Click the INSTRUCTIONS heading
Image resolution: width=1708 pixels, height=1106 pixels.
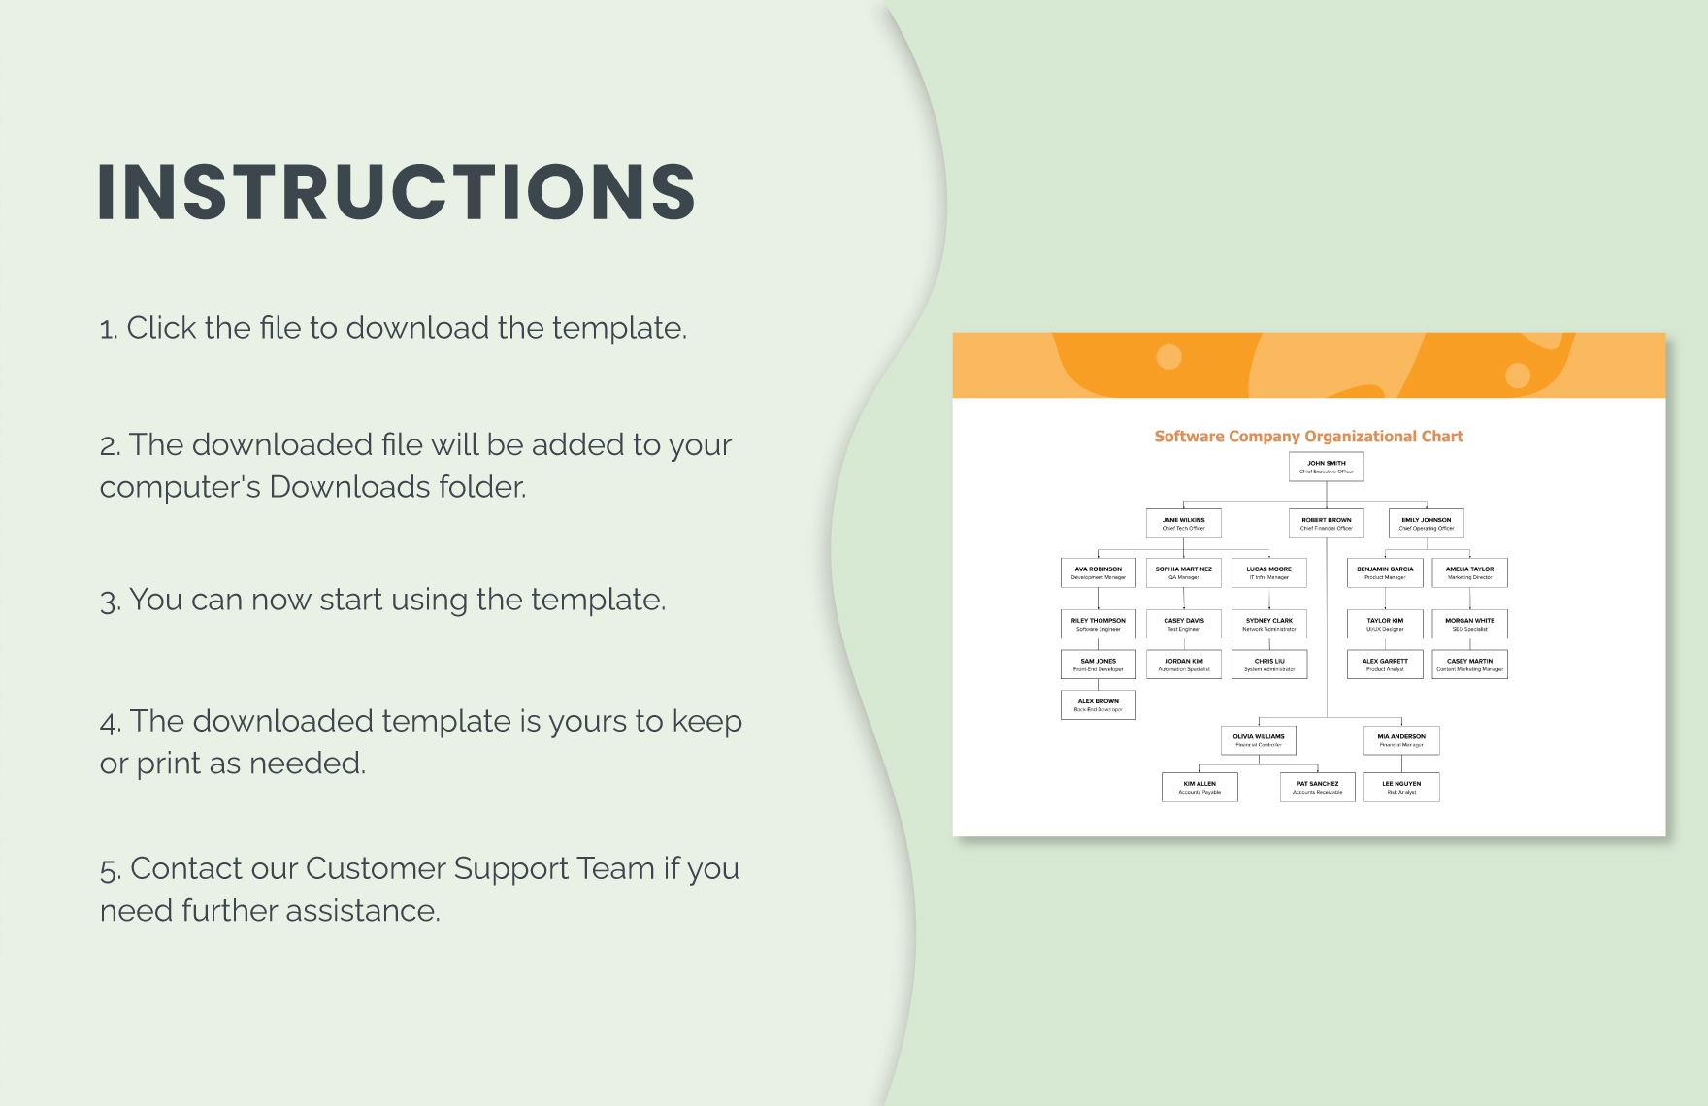pos(396,191)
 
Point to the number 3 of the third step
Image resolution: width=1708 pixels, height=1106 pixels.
pos(109,602)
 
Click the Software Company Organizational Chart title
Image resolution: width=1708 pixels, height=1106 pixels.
pos(1308,437)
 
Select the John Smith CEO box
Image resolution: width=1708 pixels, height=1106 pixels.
pos(1326,467)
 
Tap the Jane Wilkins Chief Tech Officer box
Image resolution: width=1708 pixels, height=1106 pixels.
pos(1183,524)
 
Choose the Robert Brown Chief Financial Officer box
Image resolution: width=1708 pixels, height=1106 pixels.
pos(1326,524)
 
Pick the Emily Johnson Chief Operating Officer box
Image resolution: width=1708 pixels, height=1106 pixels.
pos(1426,524)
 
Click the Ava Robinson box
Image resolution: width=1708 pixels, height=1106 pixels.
pos(1098,572)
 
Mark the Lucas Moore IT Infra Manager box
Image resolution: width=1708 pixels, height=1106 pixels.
pos(1268,572)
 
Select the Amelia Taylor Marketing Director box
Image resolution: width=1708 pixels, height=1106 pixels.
pos(1469,572)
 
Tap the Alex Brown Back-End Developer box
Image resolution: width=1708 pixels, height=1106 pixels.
pos(1098,704)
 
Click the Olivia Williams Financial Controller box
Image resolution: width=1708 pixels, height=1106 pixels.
pos(1258,740)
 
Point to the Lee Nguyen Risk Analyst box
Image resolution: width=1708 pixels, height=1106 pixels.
pos(1400,787)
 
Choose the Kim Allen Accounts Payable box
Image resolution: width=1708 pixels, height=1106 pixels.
pos(1199,787)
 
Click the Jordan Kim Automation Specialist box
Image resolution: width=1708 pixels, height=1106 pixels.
pos(1183,665)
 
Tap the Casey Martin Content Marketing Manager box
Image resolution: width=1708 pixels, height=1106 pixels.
pos(1469,665)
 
